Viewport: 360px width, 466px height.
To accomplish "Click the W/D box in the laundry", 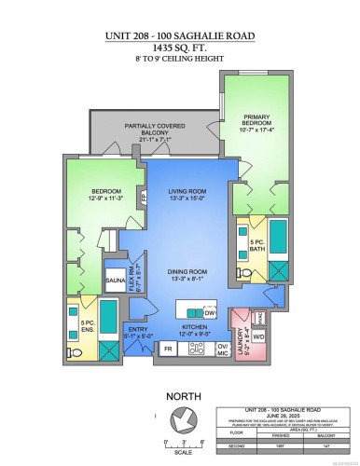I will (x=260, y=336).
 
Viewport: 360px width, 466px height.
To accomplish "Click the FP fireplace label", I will (x=143, y=197).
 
